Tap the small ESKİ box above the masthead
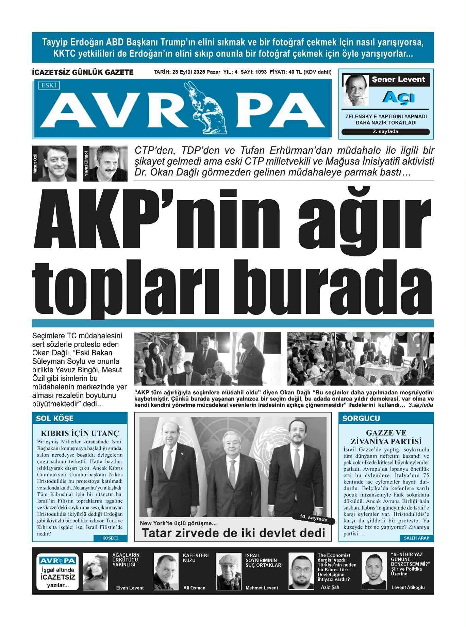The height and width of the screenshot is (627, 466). tap(49, 85)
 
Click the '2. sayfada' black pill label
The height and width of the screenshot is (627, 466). tap(385, 132)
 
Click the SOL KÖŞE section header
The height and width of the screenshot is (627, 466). tap(55, 418)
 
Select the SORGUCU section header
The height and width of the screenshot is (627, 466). tap(361, 418)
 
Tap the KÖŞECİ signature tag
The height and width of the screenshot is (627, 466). tap(110, 538)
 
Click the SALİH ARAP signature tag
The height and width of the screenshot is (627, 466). tap(416, 538)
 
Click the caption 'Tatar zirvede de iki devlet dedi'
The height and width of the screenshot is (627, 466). tap(233, 533)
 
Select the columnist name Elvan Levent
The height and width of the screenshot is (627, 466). tap(130, 588)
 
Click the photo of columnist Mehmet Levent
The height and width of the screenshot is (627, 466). tap(229, 571)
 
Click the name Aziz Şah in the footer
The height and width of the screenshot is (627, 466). tap(330, 587)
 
